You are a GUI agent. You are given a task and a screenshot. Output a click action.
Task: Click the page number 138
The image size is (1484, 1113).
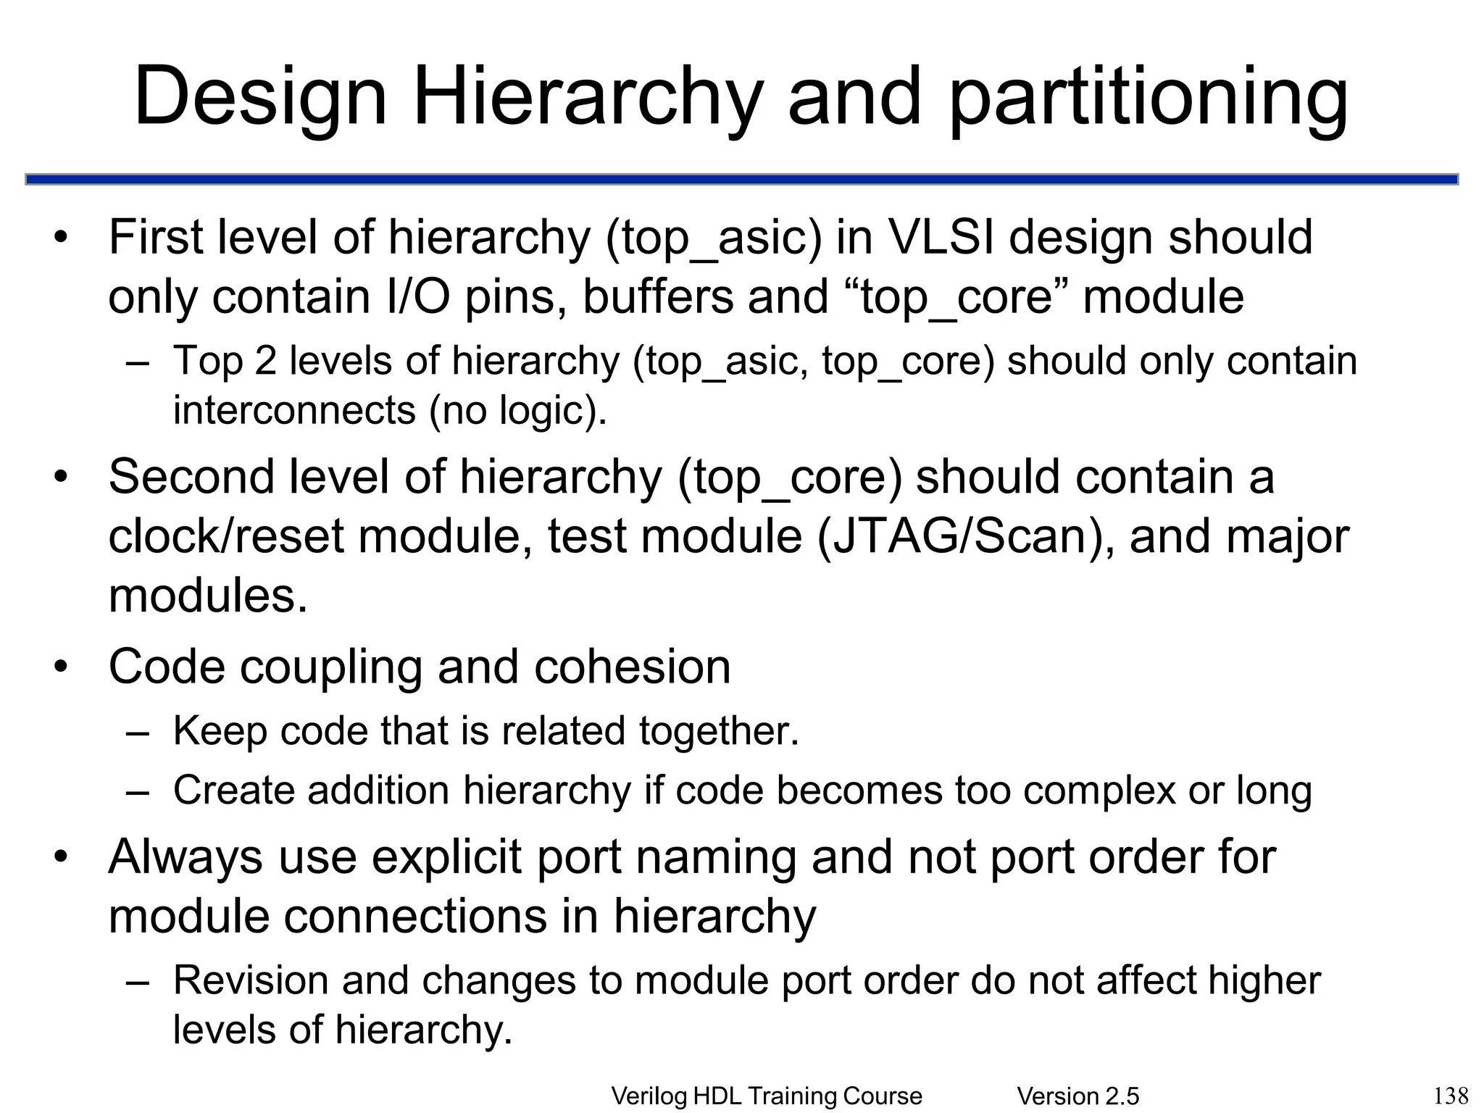[1451, 1094]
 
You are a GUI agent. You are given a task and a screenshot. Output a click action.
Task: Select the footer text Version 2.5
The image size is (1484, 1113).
[1077, 1096]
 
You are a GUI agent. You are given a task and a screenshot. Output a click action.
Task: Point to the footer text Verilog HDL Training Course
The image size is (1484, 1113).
[767, 1096]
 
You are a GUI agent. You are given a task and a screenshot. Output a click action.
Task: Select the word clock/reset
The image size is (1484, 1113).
[225, 536]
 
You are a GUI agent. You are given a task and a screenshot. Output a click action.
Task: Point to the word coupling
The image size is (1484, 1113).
[331, 667]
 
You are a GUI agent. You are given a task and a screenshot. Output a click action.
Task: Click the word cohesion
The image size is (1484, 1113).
[632, 666]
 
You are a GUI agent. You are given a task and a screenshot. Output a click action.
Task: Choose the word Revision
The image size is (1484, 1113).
[250, 980]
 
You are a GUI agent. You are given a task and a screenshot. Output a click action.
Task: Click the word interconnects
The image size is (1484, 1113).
[293, 410]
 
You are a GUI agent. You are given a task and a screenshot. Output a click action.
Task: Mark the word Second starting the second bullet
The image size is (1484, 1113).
[191, 477]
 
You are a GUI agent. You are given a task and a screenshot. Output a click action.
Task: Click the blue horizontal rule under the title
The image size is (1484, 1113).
[742, 179]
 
